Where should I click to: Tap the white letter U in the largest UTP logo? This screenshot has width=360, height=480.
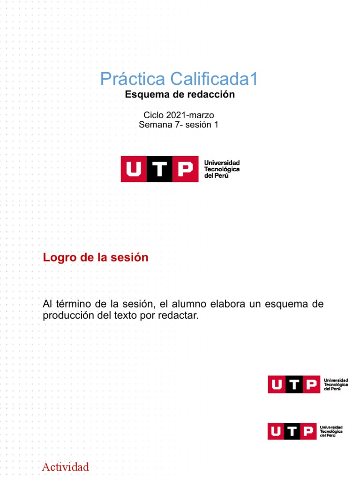click(x=134, y=169)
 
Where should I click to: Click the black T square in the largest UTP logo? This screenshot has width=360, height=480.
click(x=159, y=169)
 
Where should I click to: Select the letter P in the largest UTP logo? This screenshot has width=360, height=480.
click(x=186, y=169)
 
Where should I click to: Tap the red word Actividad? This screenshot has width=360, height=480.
click(x=65, y=467)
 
